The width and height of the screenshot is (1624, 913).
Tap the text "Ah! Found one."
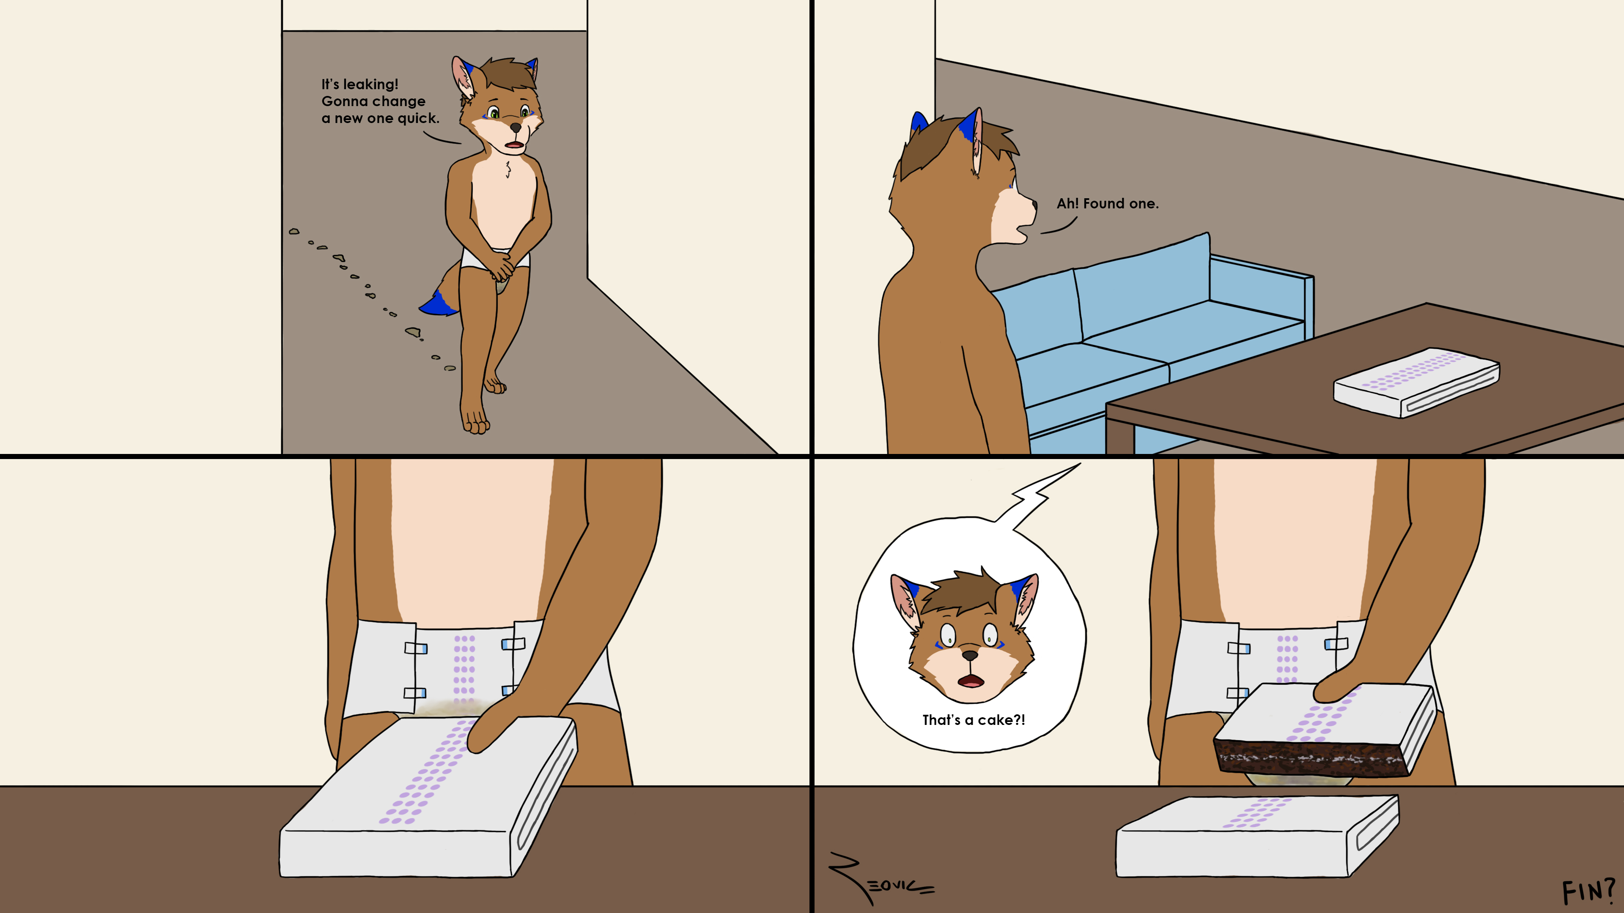click(1108, 203)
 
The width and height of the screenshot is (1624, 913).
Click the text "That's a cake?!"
click(974, 719)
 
